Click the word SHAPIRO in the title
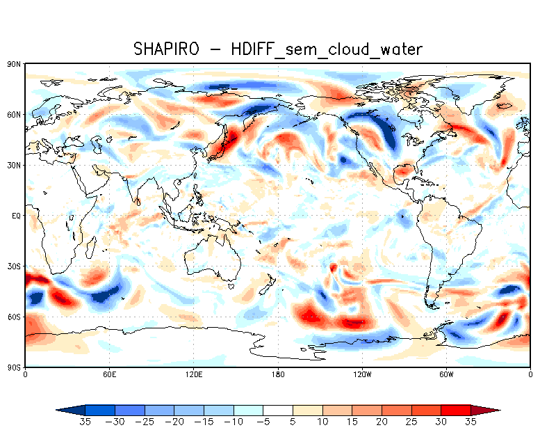[167, 49]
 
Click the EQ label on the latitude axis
[16, 216]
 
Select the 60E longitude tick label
[109, 374]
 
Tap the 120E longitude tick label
[193, 374]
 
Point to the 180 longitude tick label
[278, 374]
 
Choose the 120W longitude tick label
[362, 374]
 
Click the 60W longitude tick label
[446, 374]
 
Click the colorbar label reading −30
[115, 421]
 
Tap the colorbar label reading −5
[263, 421]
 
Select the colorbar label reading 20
[382, 421]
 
